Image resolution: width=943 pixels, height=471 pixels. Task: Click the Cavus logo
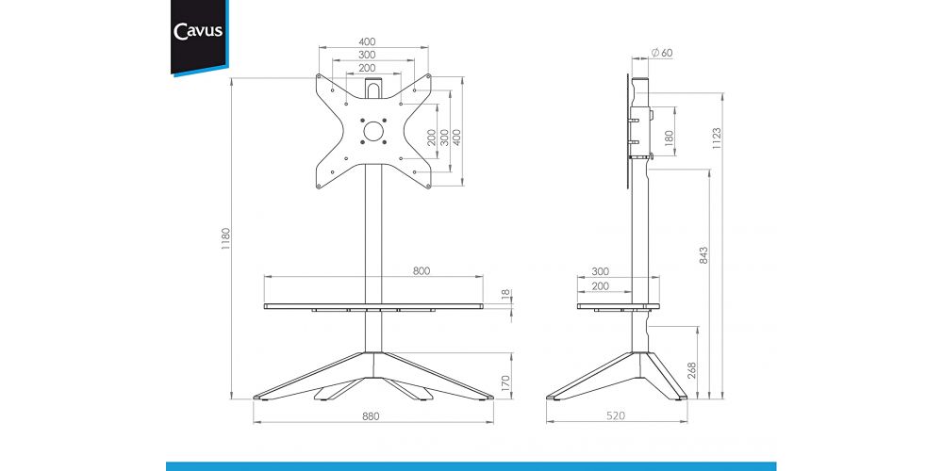pyautogui.click(x=198, y=31)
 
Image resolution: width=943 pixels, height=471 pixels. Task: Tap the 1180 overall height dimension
pyautogui.click(x=226, y=238)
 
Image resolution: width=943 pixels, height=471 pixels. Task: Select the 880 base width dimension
pyautogui.click(x=371, y=415)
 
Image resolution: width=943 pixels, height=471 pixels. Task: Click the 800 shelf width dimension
pyautogui.click(x=421, y=271)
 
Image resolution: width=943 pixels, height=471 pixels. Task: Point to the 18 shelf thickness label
pyautogui.click(x=506, y=294)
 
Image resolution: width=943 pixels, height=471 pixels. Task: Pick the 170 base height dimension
pyautogui.click(x=505, y=382)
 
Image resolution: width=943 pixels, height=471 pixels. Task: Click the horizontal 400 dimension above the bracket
pyautogui.click(x=367, y=41)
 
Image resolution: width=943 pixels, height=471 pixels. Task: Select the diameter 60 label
pyautogui.click(x=662, y=53)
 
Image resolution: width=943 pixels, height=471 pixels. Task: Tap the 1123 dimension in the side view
pyautogui.click(x=717, y=138)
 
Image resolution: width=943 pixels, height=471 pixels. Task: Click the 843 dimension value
pyautogui.click(x=704, y=254)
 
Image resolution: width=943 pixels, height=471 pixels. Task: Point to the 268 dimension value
pyautogui.click(x=691, y=370)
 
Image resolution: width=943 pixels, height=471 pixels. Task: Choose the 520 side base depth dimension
pyautogui.click(x=616, y=415)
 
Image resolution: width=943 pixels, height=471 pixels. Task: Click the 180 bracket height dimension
pyautogui.click(x=669, y=138)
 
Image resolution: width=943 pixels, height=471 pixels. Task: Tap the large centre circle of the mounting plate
pyautogui.click(x=373, y=131)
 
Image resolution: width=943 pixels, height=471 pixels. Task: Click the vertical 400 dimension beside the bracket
pyautogui.click(x=456, y=138)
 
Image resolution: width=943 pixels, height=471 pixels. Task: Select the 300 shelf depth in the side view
pyautogui.click(x=600, y=271)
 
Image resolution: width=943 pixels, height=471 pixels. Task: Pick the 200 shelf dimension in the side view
pyautogui.click(x=600, y=286)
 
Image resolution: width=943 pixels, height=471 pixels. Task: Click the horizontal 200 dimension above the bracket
pyautogui.click(x=367, y=68)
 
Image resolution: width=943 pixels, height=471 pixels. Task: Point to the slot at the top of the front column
pyautogui.click(x=373, y=89)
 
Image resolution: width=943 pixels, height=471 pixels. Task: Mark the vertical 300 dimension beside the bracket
pyautogui.click(x=444, y=138)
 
